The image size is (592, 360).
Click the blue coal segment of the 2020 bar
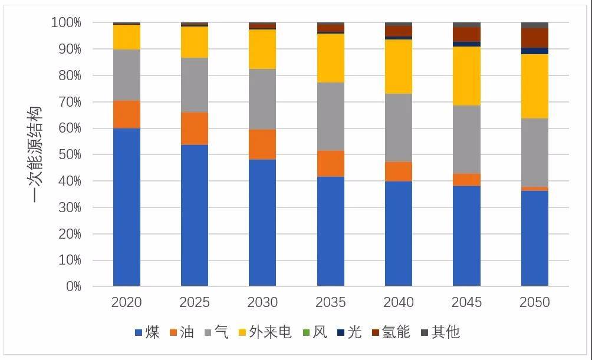[x=127, y=207]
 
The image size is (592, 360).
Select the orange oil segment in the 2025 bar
[x=195, y=128]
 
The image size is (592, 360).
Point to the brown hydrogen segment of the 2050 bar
[x=535, y=38]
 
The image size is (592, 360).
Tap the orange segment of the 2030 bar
[x=262, y=144]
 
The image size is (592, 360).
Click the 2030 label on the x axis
[x=262, y=303]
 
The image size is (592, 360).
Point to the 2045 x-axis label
[x=466, y=303]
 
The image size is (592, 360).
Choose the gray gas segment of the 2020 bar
[x=127, y=75]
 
